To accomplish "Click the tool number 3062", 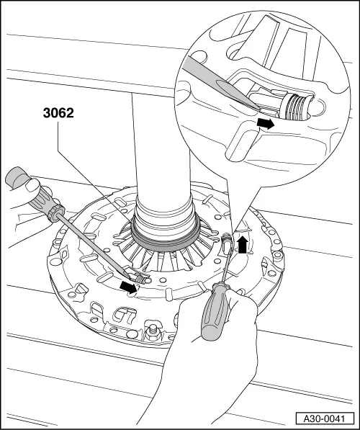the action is (58, 112).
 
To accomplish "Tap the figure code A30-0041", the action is (325, 418).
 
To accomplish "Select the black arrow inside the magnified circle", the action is (266, 124).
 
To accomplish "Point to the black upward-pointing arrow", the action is (243, 245).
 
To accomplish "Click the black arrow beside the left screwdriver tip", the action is (128, 287).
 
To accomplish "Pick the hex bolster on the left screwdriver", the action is (56, 212).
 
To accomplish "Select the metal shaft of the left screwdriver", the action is (94, 246).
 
